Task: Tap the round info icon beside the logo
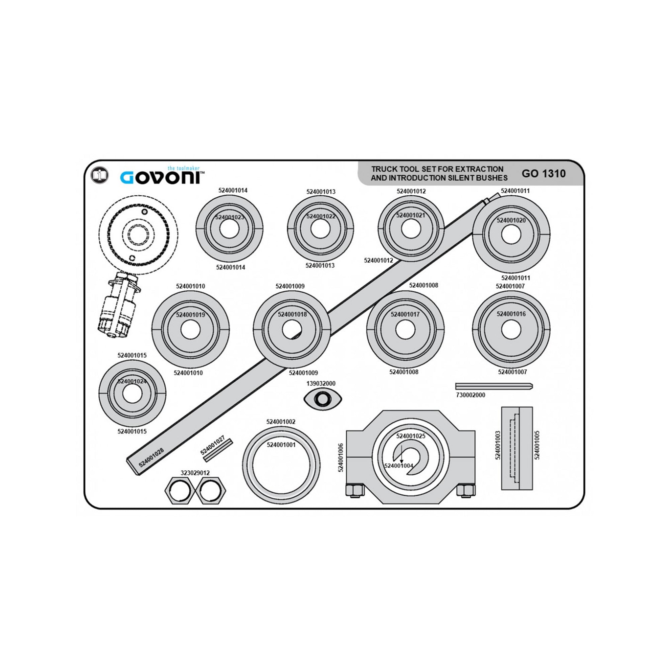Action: [99, 175]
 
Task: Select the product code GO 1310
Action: [544, 174]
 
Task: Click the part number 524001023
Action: [229, 217]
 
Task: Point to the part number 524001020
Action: [511, 220]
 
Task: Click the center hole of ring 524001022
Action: [320, 228]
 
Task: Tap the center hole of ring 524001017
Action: [405, 330]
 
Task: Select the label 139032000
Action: [321, 384]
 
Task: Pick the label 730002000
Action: [471, 395]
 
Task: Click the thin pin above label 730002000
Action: [494, 386]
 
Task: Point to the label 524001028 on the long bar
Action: [151, 457]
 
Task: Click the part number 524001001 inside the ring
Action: [281, 445]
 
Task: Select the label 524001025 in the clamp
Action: [411, 436]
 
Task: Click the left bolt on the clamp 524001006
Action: [354, 490]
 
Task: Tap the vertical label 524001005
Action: [537, 445]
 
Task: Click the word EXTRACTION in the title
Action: [479, 169]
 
